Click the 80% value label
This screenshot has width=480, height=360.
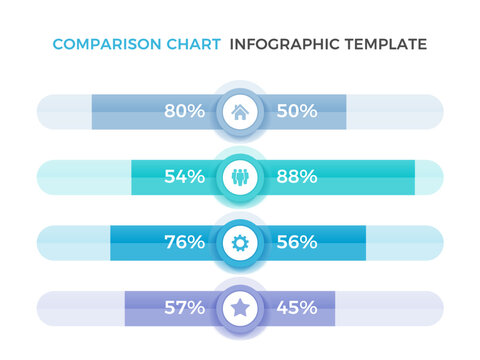tap(184, 112)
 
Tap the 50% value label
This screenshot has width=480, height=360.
tap(296, 112)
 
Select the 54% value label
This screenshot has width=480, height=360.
tap(184, 177)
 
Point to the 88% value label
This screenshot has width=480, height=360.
tap(296, 177)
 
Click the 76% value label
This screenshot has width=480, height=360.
tap(184, 242)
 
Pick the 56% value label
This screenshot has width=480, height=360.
tap(296, 242)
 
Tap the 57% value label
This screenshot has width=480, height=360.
tap(184, 308)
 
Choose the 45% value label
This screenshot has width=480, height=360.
tap(296, 308)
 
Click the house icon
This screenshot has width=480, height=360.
tap(240, 112)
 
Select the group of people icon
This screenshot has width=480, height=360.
tap(240, 177)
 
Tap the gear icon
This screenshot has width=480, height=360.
tap(240, 242)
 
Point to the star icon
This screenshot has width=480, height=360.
tap(240, 308)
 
